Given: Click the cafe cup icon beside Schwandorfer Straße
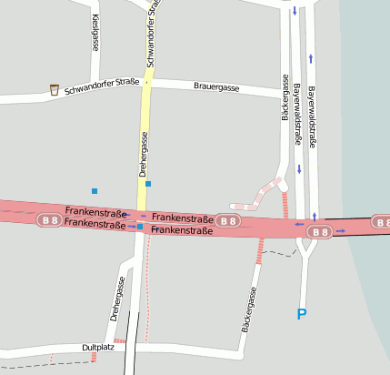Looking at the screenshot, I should click(55, 89).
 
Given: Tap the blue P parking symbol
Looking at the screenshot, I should click(303, 314).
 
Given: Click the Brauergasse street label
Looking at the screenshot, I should click(216, 87).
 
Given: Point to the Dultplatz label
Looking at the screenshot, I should click(96, 348).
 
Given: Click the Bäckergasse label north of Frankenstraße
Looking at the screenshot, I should click(285, 97).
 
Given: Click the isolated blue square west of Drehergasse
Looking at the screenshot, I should click(94, 190).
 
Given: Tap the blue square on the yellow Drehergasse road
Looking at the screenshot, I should click(148, 184).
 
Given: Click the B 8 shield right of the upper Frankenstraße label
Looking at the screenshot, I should click(228, 220).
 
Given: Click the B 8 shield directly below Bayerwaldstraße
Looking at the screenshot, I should click(320, 232).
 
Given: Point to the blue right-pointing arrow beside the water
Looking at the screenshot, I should click(340, 231).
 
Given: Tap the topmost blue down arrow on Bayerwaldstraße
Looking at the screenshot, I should click(295, 12).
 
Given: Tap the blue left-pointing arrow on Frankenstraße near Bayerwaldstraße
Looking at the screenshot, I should click(298, 223).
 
